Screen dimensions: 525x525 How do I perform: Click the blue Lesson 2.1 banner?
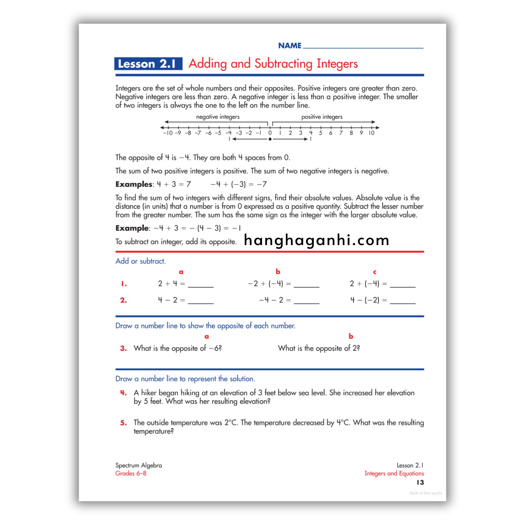pyautogui.click(x=148, y=64)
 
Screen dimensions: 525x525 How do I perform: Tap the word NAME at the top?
pyautogui.click(x=290, y=46)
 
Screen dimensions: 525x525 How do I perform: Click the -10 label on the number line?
pyautogui.click(x=168, y=133)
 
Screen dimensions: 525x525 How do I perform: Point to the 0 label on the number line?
pyautogui.click(x=270, y=133)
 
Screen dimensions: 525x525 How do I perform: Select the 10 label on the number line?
pyautogui.click(x=371, y=133)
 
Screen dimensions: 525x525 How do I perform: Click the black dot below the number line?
pyautogui.click(x=270, y=139)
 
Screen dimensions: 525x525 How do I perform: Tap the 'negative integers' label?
pyautogui.click(x=218, y=117)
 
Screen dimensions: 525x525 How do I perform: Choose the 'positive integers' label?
pyautogui.click(x=322, y=117)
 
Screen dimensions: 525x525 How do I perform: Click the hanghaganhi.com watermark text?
pyautogui.click(x=317, y=240)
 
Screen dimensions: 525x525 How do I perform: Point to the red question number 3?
pyautogui.click(x=123, y=348)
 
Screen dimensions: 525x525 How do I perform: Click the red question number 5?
pyautogui.click(x=123, y=423)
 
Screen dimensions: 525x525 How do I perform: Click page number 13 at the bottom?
pyautogui.click(x=420, y=482)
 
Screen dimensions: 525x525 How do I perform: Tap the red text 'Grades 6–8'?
pyautogui.click(x=131, y=473)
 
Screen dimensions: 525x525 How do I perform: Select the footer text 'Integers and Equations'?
pyautogui.click(x=394, y=473)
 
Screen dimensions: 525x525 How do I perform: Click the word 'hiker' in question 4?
pyautogui.click(x=149, y=393)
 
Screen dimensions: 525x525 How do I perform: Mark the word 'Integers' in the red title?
pyautogui.click(x=337, y=64)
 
